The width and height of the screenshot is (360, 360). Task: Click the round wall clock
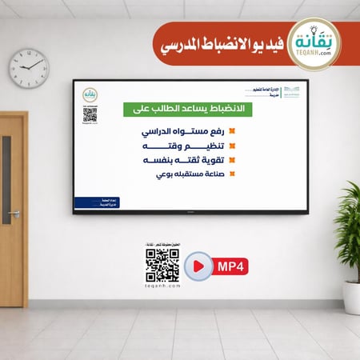click(x=29, y=68)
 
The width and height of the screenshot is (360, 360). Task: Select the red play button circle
click(x=198, y=265)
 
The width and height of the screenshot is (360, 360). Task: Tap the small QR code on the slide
click(x=90, y=114)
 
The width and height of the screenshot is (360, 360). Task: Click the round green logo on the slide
click(x=90, y=94)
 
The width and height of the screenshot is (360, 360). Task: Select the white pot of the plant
click(x=352, y=296)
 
